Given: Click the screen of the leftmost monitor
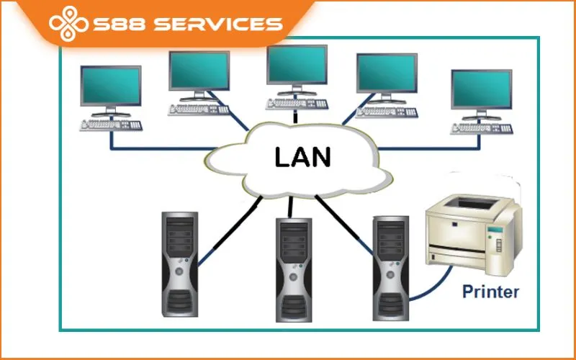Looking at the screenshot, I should click(110, 85).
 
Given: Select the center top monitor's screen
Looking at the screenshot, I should click(297, 65).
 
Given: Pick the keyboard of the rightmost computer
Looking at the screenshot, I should click(481, 128).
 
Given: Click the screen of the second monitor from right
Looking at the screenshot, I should click(387, 73).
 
